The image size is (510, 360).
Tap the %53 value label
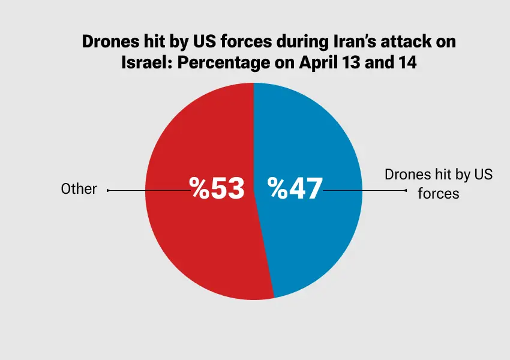tap(218, 188)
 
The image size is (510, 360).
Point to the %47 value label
tap(295, 188)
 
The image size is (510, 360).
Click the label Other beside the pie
tap(79, 189)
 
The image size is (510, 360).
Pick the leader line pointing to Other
tap(147, 190)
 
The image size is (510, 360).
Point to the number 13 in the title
tap(355, 63)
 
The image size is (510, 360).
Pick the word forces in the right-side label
tap(439, 194)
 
